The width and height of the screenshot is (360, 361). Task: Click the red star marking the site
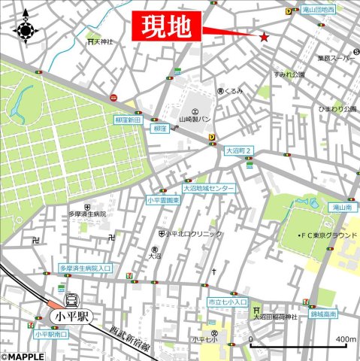point(264,37)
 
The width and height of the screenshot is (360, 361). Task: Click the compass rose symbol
point(26,30)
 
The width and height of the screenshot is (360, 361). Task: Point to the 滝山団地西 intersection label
point(319,10)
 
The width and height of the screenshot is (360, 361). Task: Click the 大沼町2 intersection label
point(240,150)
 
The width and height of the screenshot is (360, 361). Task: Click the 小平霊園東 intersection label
point(163,200)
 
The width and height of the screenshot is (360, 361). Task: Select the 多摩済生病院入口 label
point(86,267)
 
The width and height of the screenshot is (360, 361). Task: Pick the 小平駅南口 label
point(51,333)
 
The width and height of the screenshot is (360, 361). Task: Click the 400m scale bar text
point(346,339)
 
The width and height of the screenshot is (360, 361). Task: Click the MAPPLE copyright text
point(26,356)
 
